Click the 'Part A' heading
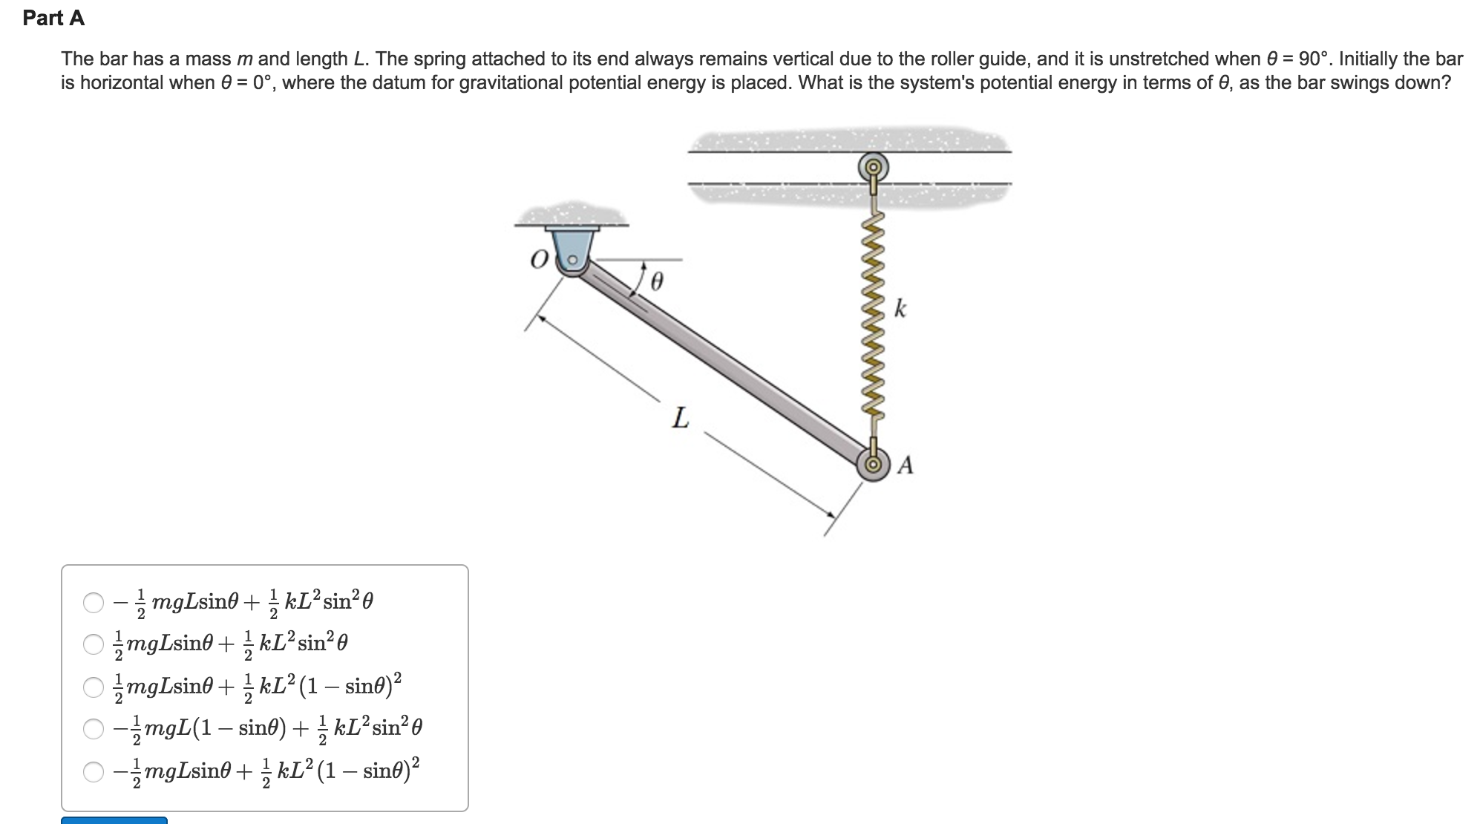[53, 19]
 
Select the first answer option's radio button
[94, 602]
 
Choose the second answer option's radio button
[94, 644]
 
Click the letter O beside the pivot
[539, 259]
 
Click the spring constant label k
[900, 308]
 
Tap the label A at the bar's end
[906, 465]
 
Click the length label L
[680, 419]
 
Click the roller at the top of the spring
[874, 166]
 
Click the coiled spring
[874, 319]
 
